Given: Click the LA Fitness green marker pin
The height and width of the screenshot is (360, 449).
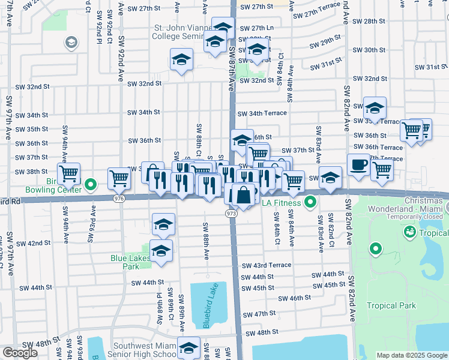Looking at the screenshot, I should click(x=310, y=202).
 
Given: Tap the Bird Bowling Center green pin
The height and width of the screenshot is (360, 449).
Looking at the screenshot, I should click(x=91, y=184).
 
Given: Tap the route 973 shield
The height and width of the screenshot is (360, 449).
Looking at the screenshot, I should click(x=232, y=213).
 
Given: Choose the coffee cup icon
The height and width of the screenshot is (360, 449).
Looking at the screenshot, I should click(x=359, y=164).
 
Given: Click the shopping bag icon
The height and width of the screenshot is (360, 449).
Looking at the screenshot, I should click(x=244, y=195).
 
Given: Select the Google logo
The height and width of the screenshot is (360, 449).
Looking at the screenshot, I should click(x=20, y=353).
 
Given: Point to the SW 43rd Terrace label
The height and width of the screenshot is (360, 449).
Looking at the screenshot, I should click(x=267, y=265).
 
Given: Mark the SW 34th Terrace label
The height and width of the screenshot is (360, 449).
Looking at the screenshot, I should click(x=262, y=113).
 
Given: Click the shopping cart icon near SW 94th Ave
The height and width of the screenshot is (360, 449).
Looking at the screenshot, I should click(x=68, y=173).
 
